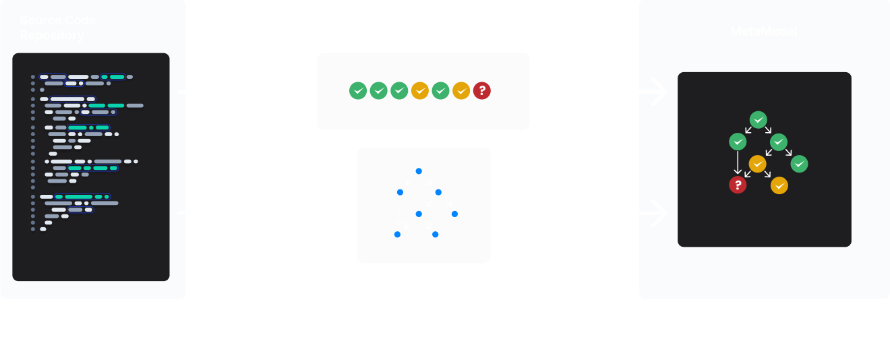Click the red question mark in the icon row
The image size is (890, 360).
pyautogui.click(x=481, y=90)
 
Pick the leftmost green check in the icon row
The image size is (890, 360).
pyautogui.click(x=358, y=90)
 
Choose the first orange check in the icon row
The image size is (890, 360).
pyautogui.click(x=419, y=90)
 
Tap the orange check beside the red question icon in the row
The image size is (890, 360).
pyautogui.click(x=461, y=90)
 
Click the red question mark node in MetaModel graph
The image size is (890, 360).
pyautogui.click(x=738, y=185)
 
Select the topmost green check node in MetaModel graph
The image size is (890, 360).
pyautogui.click(x=759, y=121)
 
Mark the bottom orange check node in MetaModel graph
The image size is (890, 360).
pyautogui.click(x=779, y=185)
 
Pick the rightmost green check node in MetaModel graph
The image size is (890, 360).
pyautogui.click(x=800, y=163)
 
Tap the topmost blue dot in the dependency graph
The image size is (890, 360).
pyautogui.click(x=419, y=171)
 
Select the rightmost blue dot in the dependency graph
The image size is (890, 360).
pyautogui.click(x=454, y=214)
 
